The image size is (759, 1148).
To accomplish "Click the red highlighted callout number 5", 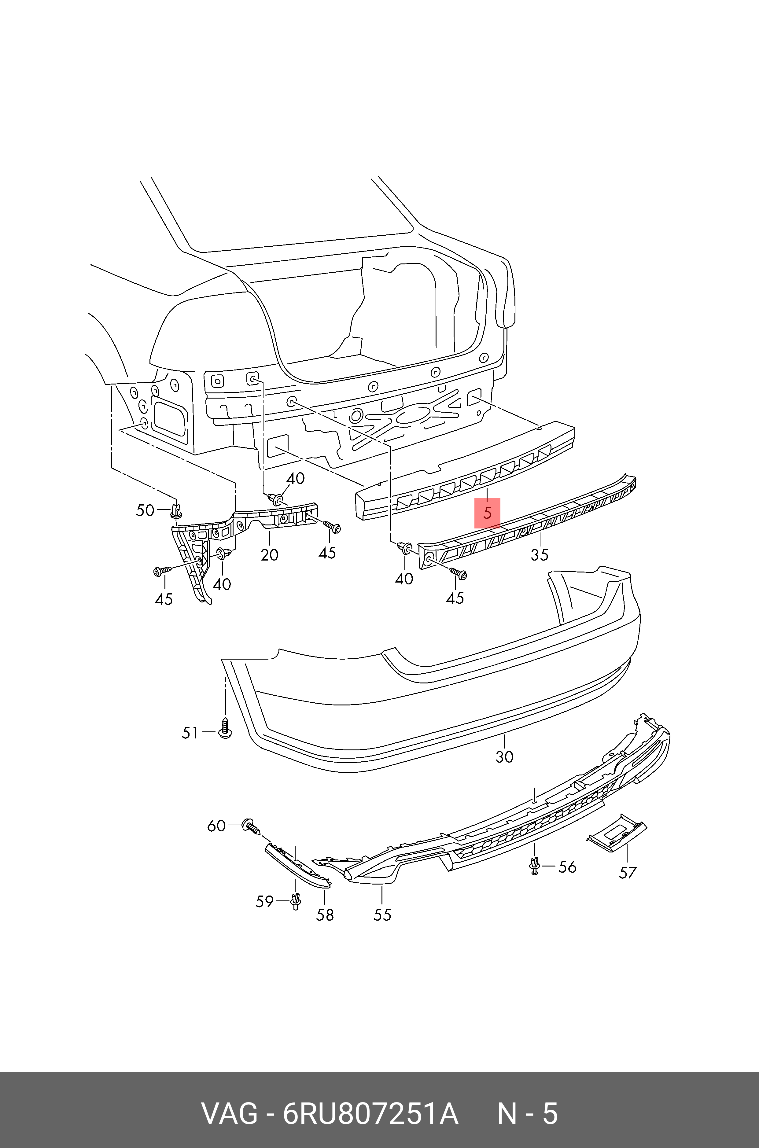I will [x=487, y=513].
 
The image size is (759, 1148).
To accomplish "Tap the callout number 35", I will [x=539, y=554].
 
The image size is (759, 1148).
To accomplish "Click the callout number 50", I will [x=145, y=510].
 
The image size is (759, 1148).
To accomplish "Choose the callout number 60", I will [x=216, y=825].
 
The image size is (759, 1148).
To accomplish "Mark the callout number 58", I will [x=325, y=915].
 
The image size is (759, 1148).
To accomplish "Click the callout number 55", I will [x=382, y=915].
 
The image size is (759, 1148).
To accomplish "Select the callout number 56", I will [x=567, y=866].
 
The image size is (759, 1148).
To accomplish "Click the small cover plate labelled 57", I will [x=616, y=833].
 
